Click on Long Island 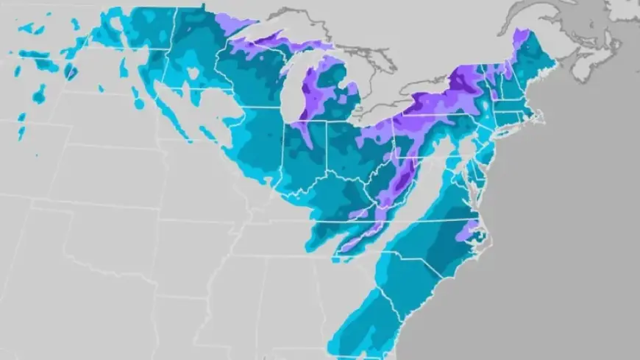[x=515, y=131]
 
